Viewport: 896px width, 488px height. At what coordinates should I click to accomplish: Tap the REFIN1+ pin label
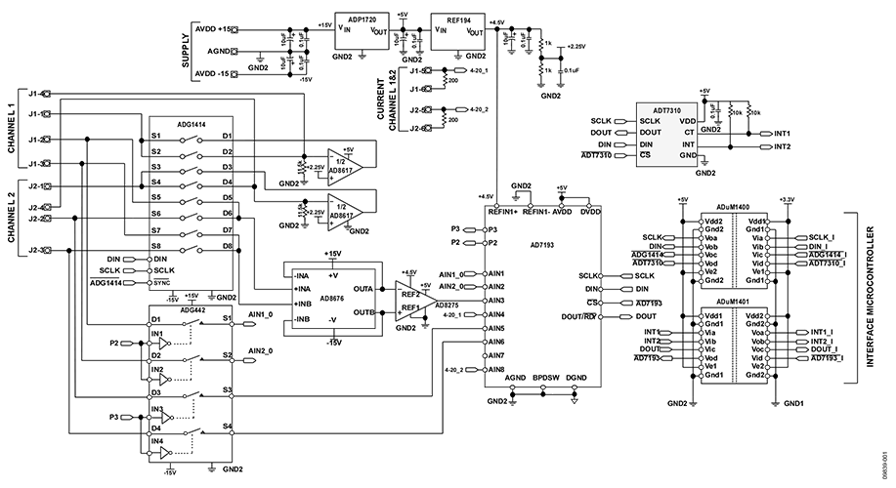[x=498, y=212]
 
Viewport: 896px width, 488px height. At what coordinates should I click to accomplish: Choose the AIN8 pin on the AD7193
[x=497, y=370]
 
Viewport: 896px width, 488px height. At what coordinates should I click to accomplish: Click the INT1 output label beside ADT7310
[x=782, y=133]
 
